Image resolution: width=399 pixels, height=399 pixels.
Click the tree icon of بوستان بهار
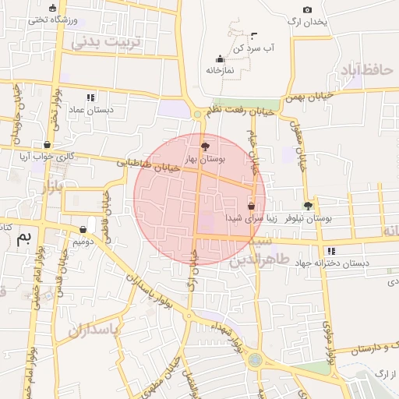[205, 146]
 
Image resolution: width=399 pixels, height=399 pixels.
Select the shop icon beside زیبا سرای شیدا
[251, 207]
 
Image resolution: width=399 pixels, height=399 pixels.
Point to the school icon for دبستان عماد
[90, 98]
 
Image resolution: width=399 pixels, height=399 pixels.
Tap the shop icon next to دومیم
[83, 230]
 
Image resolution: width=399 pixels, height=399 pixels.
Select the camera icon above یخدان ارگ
[307, 10]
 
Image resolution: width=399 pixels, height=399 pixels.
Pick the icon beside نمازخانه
[221, 58]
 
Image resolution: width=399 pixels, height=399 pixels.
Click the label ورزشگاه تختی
[52, 19]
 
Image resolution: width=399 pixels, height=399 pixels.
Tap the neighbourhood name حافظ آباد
[363, 70]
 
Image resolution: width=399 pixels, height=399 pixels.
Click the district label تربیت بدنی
[108, 41]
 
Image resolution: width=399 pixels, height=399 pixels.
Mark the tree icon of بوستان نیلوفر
[309, 206]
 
